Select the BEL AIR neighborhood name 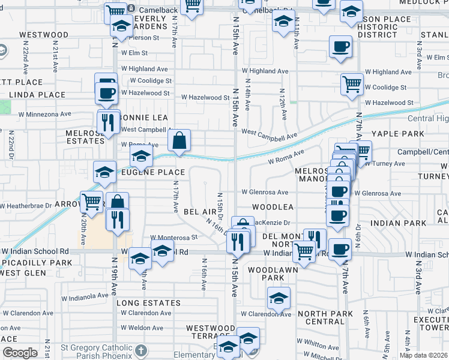tap(200, 212)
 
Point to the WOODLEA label tap(273, 206)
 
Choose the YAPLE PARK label tap(397, 133)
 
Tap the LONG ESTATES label tap(148, 303)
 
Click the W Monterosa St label tap(174, 238)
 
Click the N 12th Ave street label tap(282, 99)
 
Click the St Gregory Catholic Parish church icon tap(140, 349)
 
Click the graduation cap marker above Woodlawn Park tap(279, 298)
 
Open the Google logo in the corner tap(20, 353)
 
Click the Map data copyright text tap(424, 355)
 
